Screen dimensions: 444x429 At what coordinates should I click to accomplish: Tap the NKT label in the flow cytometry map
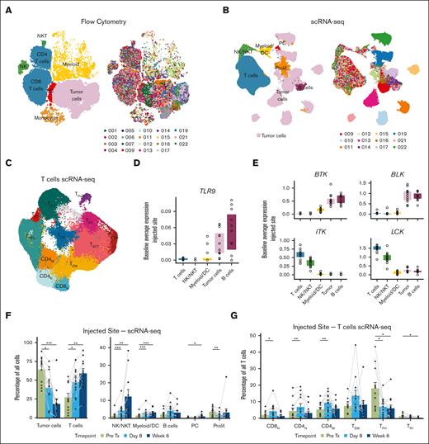(41, 36)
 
